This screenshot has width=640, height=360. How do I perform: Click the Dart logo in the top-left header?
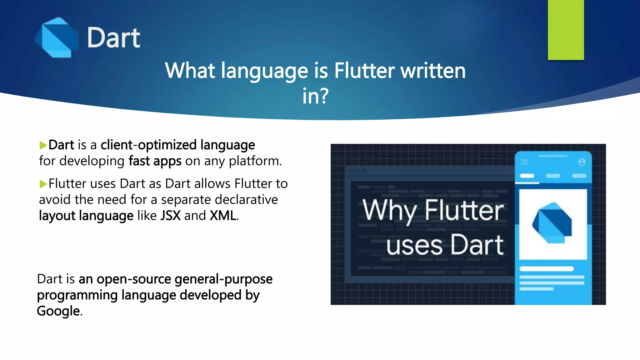pos(57,37)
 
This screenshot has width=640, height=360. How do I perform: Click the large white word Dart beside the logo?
pos(113,38)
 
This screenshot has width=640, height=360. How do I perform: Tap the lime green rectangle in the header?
pos(566,30)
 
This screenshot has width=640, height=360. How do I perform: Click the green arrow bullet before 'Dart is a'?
pos(43,145)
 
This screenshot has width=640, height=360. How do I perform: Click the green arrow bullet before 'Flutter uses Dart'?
pos(43,184)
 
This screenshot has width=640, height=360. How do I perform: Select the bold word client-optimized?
pos(148,145)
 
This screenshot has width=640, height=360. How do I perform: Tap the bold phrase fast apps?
pos(155,161)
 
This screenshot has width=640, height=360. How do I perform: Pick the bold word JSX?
pos(170,216)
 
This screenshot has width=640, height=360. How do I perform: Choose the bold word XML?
pos(223,216)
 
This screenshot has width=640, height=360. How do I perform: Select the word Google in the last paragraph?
pos(58,311)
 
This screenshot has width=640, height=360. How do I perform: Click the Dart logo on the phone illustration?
pos(552,223)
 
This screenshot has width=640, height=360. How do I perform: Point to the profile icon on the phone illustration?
pos(582,162)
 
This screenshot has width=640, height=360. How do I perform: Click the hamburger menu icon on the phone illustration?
pos(525,162)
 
